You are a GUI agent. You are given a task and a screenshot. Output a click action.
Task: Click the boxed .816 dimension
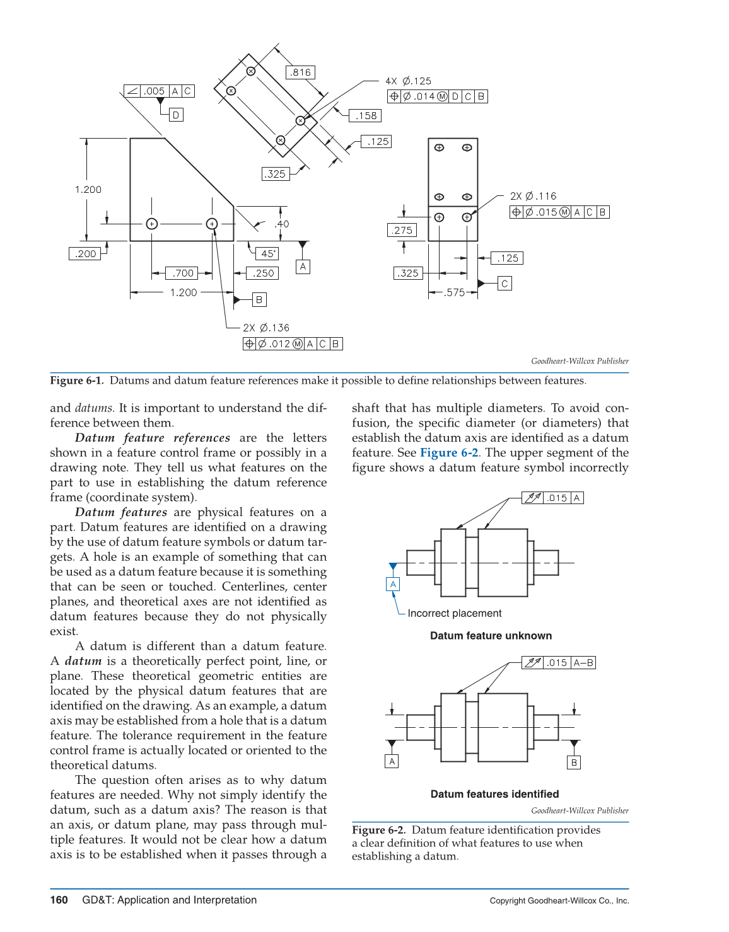pyautogui.click(x=301, y=72)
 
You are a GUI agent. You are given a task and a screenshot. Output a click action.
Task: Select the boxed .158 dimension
pyautogui.click(x=366, y=116)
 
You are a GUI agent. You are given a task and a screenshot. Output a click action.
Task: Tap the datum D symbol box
pyautogui.click(x=176, y=115)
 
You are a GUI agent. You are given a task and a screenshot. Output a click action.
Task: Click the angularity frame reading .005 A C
pyautogui.click(x=159, y=91)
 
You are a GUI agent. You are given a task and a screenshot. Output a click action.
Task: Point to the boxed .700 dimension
pyautogui.click(x=182, y=273)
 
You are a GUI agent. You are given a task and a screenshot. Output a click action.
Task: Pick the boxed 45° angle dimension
pyautogui.click(x=267, y=253)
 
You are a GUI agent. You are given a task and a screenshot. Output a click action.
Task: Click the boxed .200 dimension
pyautogui.click(x=85, y=254)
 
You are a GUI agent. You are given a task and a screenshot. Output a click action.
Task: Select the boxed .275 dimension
pyautogui.click(x=402, y=231)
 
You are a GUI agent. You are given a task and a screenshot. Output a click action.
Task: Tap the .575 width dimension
pyautogui.click(x=454, y=292)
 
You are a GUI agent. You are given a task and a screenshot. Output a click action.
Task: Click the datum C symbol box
pyautogui.click(x=504, y=284)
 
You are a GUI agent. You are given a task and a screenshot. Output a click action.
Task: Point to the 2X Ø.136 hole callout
pyautogui.click(x=266, y=328)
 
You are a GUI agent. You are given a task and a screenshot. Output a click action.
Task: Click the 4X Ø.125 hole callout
pyautogui.click(x=409, y=81)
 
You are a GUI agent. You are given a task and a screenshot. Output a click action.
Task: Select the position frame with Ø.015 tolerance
pyautogui.click(x=559, y=212)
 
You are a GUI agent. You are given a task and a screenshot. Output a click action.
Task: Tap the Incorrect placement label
pyautogui.click(x=454, y=613)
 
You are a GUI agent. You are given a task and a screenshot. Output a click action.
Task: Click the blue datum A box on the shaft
pyautogui.click(x=393, y=584)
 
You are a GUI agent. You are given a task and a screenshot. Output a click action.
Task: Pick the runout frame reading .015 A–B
pyautogui.click(x=559, y=663)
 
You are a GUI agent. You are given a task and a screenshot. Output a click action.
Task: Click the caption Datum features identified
pyautogui.click(x=494, y=794)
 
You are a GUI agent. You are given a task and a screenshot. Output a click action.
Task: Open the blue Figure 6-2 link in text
pyautogui.click(x=449, y=452)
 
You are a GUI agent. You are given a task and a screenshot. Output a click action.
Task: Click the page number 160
pyautogui.click(x=59, y=900)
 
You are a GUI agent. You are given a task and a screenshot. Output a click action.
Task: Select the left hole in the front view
pyautogui.click(x=151, y=224)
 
